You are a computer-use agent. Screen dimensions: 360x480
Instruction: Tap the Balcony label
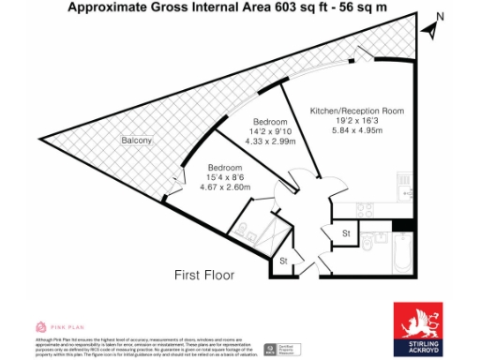(x=137, y=141)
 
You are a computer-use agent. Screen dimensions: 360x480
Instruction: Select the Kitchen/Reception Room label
(x=357, y=111)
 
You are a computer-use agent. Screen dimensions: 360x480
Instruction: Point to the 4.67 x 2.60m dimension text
(x=225, y=187)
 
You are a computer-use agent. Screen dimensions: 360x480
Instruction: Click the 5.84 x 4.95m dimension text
(x=357, y=131)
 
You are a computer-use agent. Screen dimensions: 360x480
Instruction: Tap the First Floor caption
(x=204, y=275)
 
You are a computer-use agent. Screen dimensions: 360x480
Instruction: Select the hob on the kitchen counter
(x=404, y=178)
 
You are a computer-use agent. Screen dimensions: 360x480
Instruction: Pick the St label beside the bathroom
(x=346, y=232)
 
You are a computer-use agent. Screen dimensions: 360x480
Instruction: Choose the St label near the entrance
(x=282, y=260)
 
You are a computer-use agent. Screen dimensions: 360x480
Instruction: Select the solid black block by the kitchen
(x=401, y=225)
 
